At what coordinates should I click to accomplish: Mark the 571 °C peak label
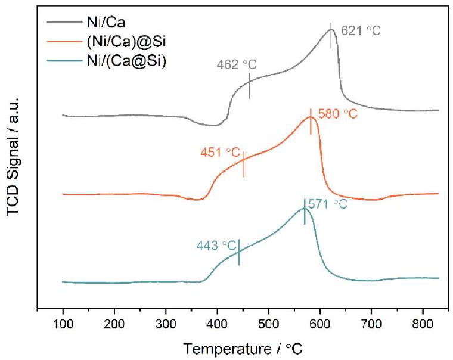(x=327, y=204)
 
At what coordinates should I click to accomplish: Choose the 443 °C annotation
(x=216, y=245)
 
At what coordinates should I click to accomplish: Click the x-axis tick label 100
(x=63, y=324)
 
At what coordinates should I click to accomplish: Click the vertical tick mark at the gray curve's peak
(x=331, y=36)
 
